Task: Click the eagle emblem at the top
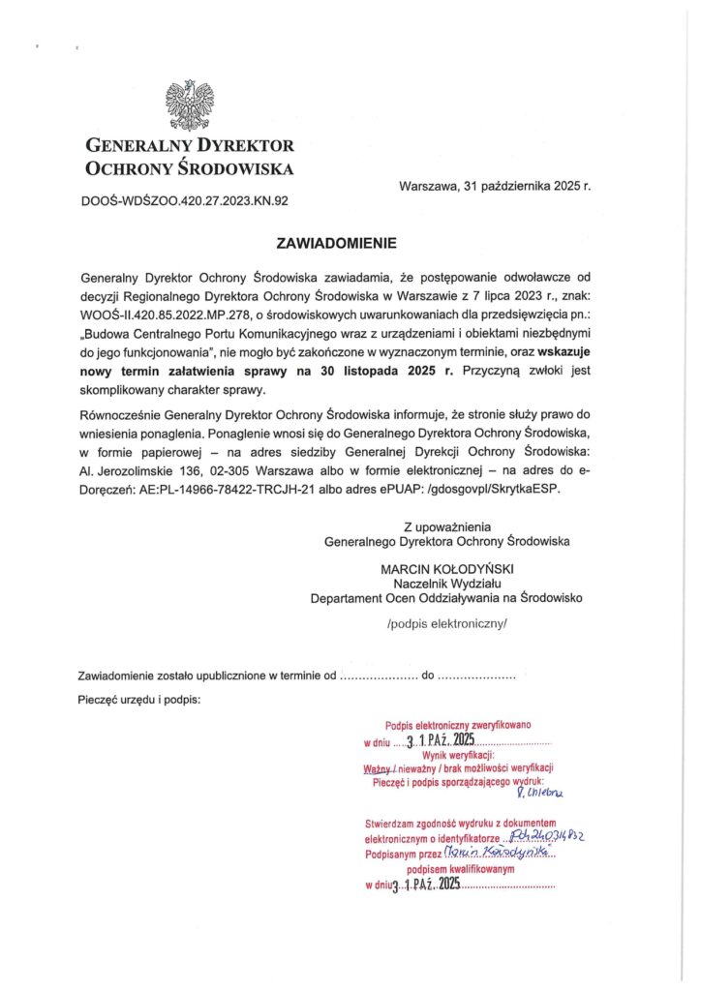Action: click(x=189, y=105)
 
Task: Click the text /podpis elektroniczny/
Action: click(x=446, y=624)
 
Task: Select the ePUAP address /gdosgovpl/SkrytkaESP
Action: click(x=480, y=489)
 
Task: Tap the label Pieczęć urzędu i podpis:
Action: click(x=139, y=699)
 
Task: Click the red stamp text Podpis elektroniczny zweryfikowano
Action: click(x=458, y=725)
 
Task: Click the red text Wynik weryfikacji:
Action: click(x=458, y=755)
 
